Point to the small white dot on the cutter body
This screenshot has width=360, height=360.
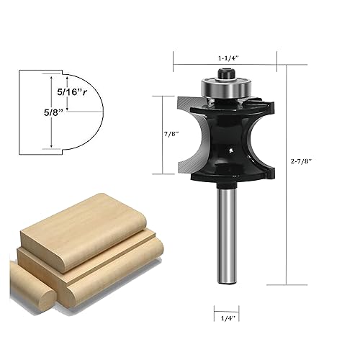pos(229,150)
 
